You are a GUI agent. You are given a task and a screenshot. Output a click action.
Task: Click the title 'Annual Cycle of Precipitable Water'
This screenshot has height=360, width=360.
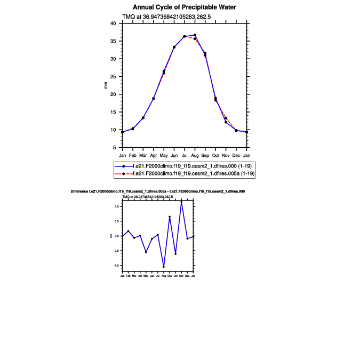[184, 7]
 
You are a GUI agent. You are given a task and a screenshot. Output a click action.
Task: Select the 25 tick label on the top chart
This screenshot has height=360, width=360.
[113, 76]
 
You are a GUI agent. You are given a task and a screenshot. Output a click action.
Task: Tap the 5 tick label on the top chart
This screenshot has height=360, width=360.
[115, 147]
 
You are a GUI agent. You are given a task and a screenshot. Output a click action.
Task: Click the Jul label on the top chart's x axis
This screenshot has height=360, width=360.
[185, 155]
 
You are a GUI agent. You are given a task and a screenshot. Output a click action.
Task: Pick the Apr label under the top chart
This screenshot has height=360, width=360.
[154, 155]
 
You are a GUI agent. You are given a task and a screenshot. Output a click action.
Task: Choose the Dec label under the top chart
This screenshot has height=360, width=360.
[236, 155]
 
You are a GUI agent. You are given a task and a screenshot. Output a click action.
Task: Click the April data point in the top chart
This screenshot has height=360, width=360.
[154, 99]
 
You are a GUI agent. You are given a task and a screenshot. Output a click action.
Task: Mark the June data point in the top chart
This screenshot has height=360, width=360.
[174, 47]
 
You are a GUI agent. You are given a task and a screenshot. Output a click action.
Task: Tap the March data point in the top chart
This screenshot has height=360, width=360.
[143, 118]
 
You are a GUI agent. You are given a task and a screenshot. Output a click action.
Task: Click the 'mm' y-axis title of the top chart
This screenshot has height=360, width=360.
[106, 85]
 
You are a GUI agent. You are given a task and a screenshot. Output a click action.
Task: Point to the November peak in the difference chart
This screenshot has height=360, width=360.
[181, 202]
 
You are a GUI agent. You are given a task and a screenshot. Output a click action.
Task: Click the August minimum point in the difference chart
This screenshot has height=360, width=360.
[164, 267]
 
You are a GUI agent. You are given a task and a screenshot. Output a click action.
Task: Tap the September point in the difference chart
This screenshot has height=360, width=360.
[170, 217]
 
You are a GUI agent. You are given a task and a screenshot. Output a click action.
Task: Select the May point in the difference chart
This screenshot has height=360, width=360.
[146, 252]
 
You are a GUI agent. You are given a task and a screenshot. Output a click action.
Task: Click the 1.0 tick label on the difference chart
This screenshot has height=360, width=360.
[117, 206]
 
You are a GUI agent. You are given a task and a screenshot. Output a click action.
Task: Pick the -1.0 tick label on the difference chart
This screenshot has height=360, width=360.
[116, 266]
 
